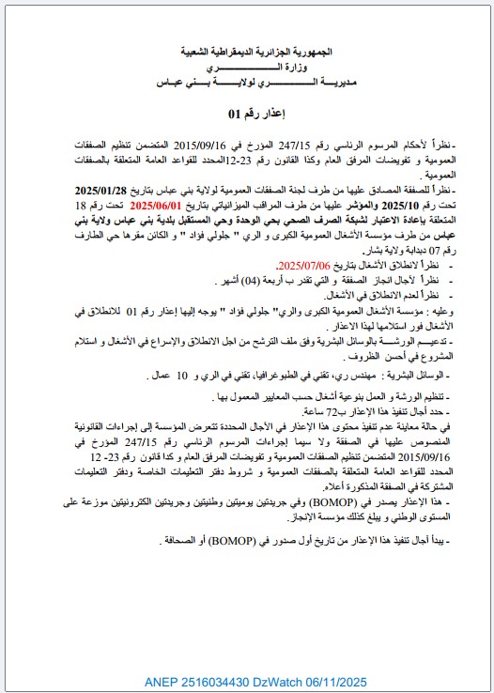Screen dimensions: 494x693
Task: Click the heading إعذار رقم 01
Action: coord(246,113)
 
